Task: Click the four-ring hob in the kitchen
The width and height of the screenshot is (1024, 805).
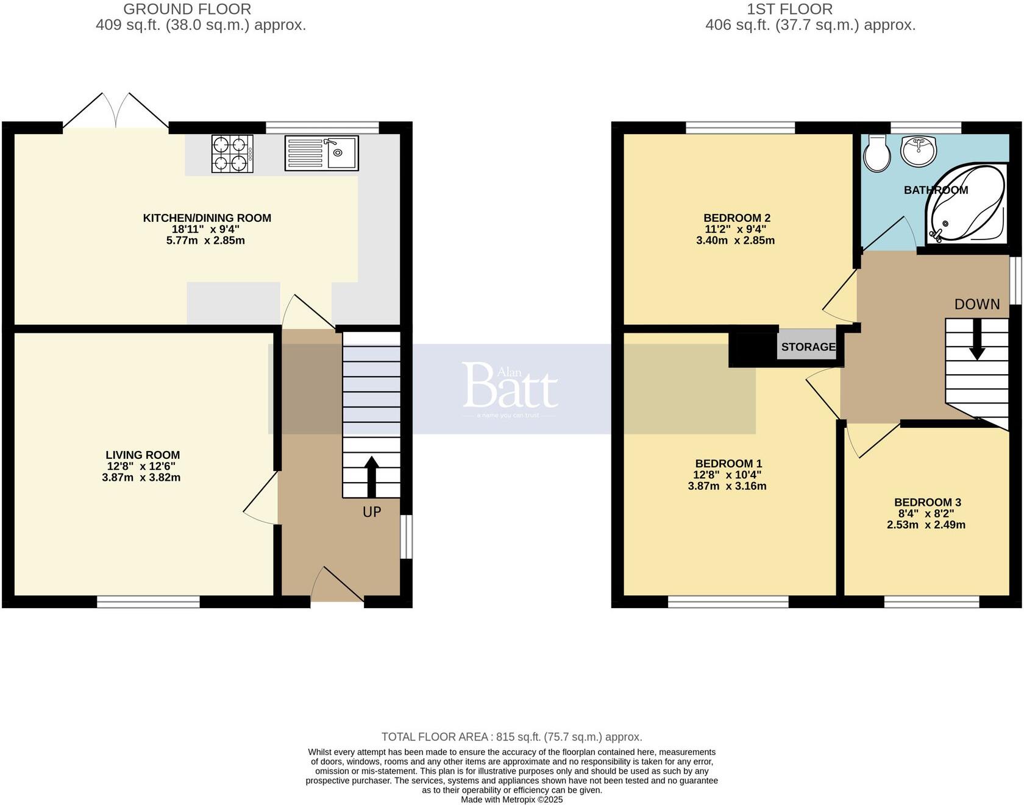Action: click(232, 154)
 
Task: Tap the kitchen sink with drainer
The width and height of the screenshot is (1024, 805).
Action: click(321, 153)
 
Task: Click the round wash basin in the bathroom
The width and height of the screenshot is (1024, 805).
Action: click(919, 151)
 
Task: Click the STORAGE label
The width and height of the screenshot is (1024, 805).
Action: click(808, 347)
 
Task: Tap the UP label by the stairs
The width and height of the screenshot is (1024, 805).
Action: click(372, 512)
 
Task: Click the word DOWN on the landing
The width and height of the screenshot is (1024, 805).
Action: click(976, 304)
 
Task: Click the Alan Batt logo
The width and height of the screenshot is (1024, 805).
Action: click(510, 387)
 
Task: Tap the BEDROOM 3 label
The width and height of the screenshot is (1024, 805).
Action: click(927, 502)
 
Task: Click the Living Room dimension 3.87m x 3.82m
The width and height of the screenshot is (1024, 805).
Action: click(141, 478)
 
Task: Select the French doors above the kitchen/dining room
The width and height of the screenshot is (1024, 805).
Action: click(116, 112)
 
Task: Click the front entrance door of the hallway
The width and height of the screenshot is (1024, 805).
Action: click(337, 586)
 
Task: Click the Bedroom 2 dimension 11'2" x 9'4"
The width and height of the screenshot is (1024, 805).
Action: click(734, 229)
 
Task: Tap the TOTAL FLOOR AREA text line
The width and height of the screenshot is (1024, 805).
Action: click(511, 737)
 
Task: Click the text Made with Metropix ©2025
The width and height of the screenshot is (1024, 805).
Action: click(511, 800)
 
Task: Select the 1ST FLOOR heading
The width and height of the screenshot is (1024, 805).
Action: click(789, 9)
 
